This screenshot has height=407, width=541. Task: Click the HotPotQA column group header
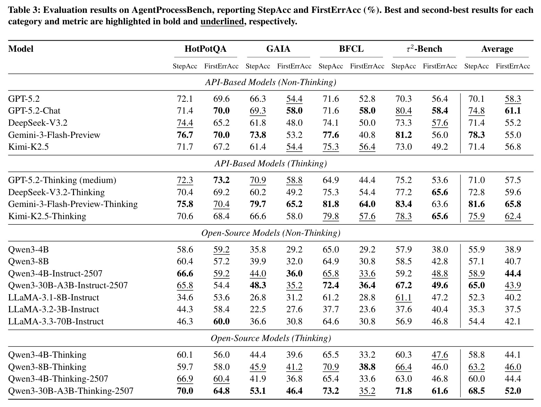pos(205,49)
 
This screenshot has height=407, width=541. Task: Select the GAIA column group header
pos(278,49)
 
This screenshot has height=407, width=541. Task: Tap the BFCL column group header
pos(351,49)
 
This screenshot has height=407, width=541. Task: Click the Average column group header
pos(497,49)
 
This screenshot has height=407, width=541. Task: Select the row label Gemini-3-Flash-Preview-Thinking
pos(73,204)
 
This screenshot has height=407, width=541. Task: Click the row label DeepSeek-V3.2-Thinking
pos(57,192)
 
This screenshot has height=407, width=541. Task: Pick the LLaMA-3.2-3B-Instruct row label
pos(53,309)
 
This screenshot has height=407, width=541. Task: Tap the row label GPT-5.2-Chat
pos(34,110)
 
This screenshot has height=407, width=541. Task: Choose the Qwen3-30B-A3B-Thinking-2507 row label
pos(71,391)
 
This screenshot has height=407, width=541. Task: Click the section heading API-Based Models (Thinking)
pos(270,164)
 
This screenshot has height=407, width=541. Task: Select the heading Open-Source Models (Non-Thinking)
pos(270,233)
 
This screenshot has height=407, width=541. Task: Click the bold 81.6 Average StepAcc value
pos(476,204)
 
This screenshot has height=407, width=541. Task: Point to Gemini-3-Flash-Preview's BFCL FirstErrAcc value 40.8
pos(367,135)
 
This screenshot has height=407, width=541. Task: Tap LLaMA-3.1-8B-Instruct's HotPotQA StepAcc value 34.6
pos(185,297)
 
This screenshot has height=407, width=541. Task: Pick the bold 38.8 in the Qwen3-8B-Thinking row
pos(367,367)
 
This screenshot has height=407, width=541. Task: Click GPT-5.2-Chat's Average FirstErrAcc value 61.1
pos(513,110)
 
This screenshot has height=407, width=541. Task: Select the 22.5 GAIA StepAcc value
pos(258,309)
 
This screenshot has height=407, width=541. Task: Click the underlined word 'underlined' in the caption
pos(222,22)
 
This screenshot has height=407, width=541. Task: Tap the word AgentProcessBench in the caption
pos(172,10)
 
